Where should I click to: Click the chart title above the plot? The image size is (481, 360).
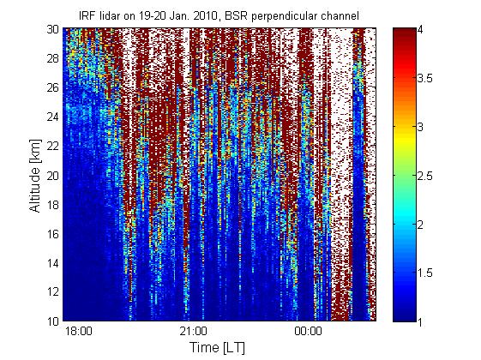click(x=219, y=15)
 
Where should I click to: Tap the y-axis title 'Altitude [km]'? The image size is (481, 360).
click(x=35, y=176)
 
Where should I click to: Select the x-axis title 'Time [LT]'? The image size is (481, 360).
click(x=218, y=347)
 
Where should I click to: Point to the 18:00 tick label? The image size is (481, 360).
click(x=79, y=331)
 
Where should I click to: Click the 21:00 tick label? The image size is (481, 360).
click(x=194, y=331)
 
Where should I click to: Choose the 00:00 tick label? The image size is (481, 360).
click(x=309, y=331)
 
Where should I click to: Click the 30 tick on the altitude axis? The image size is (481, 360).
click(x=53, y=29)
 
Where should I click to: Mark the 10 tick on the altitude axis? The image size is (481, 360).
click(x=53, y=321)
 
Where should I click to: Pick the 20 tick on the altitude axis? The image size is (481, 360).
click(x=53, y=176)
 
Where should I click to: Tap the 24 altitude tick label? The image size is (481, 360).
click(x=53, y=117)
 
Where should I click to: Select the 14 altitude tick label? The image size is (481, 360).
click(x=53, y=263)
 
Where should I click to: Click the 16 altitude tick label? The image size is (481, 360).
click(x=53, y=234)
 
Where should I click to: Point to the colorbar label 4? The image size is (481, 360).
click(x=421, y=30)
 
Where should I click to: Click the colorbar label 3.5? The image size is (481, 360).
click(x=425, y=79)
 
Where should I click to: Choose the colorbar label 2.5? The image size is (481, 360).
click(x=425, y=176)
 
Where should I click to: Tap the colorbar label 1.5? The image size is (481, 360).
click(x=425, y=273)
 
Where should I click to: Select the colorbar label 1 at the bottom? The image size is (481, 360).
click(x=420, y=322)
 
